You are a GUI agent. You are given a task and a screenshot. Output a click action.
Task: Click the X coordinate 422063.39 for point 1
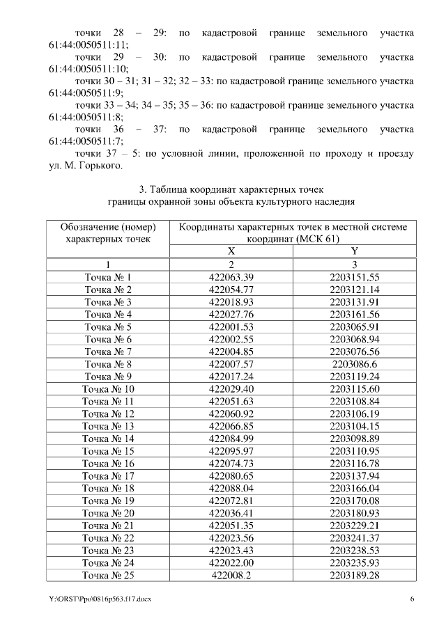click(231, 276)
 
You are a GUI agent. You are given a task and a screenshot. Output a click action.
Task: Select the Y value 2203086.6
click(354, 364)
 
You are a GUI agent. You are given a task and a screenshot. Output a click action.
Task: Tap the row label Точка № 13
click(108, 426)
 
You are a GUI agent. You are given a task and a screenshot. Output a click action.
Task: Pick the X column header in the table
click(231, 251)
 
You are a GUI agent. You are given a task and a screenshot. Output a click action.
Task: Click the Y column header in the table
click(354, 251)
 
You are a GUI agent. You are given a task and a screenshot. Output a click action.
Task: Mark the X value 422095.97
click(231, 451)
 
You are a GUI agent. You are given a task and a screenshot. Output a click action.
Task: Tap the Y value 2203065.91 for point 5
click(354, 326)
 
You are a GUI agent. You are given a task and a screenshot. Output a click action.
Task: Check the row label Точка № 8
click(108, 364)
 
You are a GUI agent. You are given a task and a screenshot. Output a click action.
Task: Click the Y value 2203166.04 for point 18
click(354, 489)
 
